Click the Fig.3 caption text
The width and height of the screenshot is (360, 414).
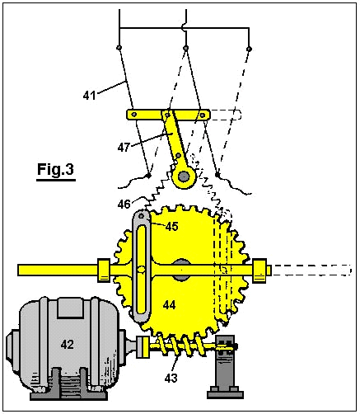[x=55, y=169]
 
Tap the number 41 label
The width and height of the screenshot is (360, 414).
[x=90, y=96]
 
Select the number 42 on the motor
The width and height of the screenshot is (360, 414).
[x=68, y=344]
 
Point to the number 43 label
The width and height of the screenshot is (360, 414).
[x=171, y=379]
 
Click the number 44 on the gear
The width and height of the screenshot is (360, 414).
[x=169, y=305]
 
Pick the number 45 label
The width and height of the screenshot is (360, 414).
[x=172, y=227]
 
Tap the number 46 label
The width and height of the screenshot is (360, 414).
[x=124, y=205]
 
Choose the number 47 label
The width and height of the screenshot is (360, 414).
[x=124, y=148]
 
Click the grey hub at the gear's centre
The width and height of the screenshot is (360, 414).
[x=181, y=270]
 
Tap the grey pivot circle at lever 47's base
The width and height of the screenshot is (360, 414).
[x=184, y=176]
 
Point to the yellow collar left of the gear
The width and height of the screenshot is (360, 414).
[x=104, y=270]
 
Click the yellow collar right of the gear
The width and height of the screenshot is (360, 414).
[x=259, y=271]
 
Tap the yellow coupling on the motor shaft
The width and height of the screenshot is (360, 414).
[x=143, y=347]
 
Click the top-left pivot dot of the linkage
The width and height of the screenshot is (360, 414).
[x=119, y=48]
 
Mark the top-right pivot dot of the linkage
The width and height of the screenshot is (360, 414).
[x=249, y=49]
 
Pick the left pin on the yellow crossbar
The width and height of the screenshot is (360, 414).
[x=134, y=115]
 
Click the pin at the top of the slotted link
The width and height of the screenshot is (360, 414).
[x=141, y=216]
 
